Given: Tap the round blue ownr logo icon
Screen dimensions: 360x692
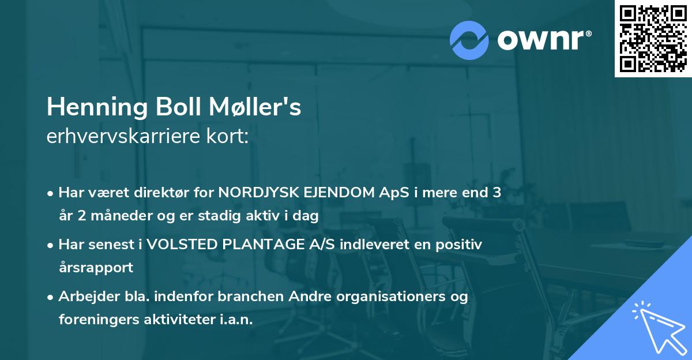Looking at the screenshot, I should click(469, 40).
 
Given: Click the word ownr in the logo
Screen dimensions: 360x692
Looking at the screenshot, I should click(541, 40).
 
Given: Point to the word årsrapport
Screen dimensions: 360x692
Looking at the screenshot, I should click(96, 267).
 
